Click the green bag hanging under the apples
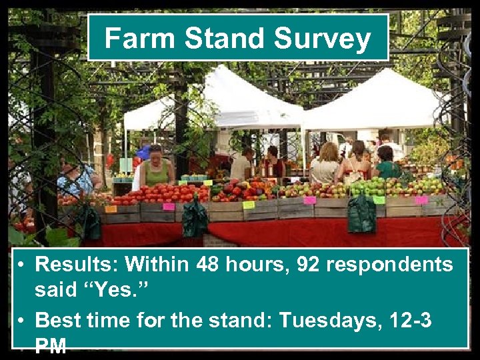(x=361, y=214)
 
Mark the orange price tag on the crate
(x=111, y=209)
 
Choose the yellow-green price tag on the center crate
(x=249, y=205)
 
